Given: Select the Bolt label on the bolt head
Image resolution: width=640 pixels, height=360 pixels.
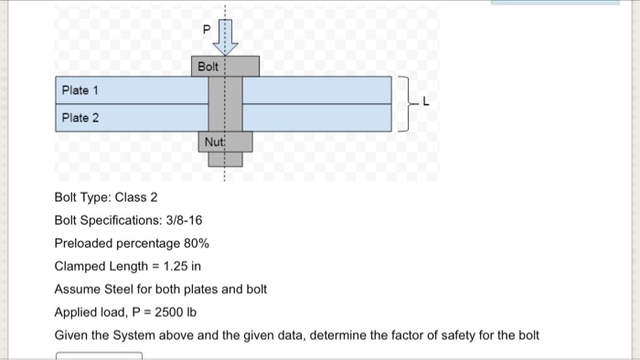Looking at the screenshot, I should (x=208, y=67).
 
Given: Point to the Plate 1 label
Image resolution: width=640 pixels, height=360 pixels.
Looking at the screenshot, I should (x=80, y=91).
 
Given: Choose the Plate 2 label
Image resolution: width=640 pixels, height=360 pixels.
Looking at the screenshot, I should (x=80, y=118).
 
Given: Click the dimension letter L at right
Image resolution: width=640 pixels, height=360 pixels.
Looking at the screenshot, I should (x=425, y=103).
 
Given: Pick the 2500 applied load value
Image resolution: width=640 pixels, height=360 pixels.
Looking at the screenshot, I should (x=170, y=312).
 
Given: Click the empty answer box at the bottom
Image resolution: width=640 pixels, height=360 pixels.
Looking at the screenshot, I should (x=99, y=355).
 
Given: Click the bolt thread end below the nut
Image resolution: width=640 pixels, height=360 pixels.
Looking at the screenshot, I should (x=225, y=160).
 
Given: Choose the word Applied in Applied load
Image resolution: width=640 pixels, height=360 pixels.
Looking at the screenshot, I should (x=76, y=312).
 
